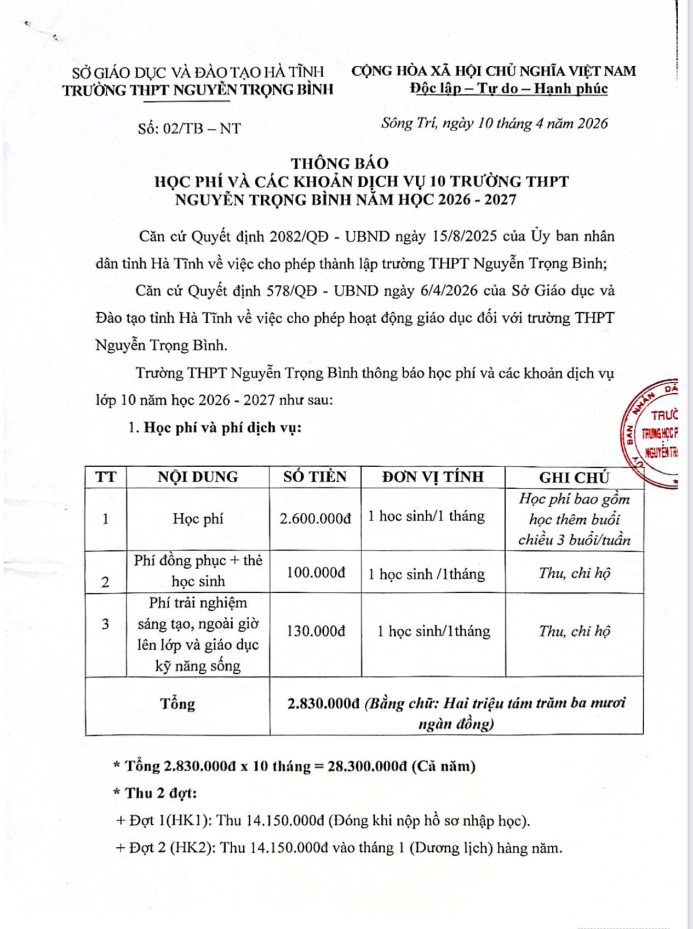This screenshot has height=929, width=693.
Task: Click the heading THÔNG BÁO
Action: click(339, 163)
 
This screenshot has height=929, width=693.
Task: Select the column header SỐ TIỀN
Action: click(315, 477)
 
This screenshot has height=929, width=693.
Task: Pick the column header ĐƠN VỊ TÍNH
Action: click(433, 477)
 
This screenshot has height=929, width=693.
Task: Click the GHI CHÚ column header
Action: click(574, 478)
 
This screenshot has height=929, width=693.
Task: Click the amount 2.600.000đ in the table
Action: click(315, 518)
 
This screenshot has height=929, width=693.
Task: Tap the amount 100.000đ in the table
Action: click(316, 572)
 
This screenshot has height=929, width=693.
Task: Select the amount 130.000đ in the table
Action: click(316, 631)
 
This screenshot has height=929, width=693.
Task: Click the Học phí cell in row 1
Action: click(198, 518)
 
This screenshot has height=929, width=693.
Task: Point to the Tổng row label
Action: click(177, 703)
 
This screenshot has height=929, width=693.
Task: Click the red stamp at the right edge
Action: click(655, 433)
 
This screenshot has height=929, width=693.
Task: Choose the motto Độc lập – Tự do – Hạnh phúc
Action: click(509, 88)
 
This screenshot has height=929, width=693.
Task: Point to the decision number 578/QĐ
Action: click(291, 290)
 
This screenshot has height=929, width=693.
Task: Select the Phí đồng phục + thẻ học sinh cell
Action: click(198, 571)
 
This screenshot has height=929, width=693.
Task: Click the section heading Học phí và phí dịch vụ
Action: click(222, 427)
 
